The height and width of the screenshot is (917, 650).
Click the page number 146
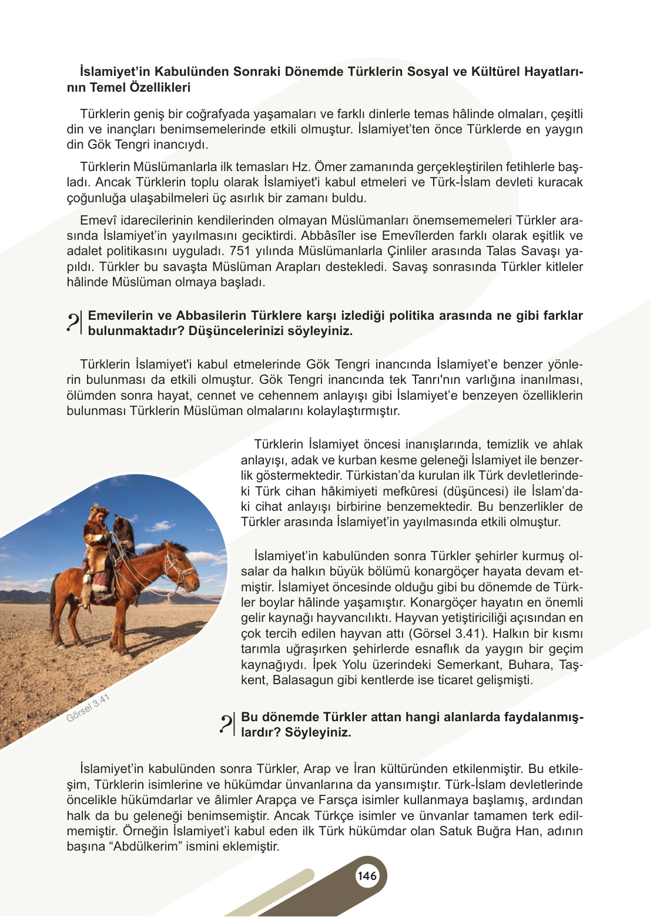coord(367,876)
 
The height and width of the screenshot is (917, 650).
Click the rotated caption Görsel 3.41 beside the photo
coord(88,708)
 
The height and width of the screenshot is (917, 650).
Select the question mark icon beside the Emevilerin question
coord(74,323)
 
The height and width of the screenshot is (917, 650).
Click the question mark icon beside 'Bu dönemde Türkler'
coord(227,724)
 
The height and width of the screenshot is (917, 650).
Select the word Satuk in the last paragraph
coord(455,831)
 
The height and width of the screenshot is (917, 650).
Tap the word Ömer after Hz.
coord(331,167)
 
